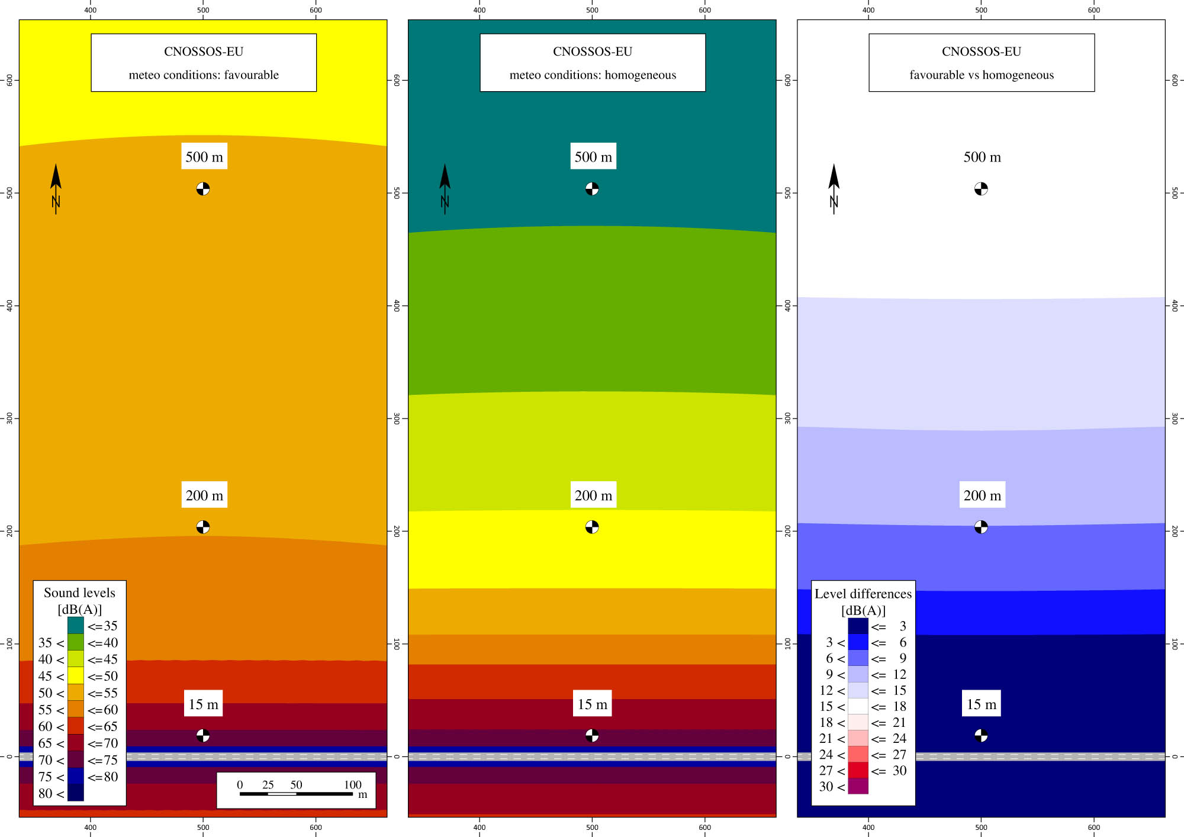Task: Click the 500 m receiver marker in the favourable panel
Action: click(203, 189)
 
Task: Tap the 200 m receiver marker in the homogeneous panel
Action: click(592, 527)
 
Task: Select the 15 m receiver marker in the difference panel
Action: click(981, 735)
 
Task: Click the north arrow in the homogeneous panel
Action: click(445, 188)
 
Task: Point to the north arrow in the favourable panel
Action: click(56, 188)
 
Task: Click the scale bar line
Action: click(296, 794)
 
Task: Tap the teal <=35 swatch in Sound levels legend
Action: click(76, 626)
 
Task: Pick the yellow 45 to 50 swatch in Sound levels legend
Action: click(76, 675)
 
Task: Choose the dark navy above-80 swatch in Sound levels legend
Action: click(76, 793)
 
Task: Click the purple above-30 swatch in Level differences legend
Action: click(858, 786)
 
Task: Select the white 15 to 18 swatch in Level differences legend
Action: click(858, 706)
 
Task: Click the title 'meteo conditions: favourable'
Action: click(204, 75)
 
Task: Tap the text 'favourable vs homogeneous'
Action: click(982, 75)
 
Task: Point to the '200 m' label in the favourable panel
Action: click(204, 495)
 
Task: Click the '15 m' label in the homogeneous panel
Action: click(593, 704)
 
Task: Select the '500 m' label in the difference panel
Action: click(982, 157)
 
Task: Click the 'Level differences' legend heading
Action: click(863, 594)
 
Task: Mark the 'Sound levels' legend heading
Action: click(79, 593)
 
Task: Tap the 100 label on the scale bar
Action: click(353, 785)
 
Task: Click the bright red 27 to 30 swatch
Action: click(858, 770)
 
